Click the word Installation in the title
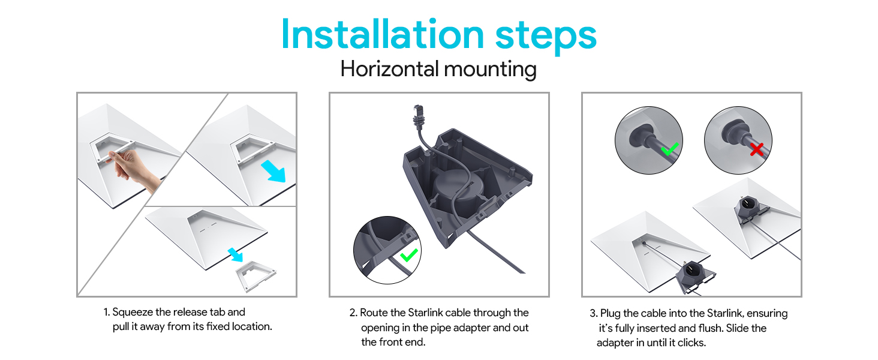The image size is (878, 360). point(383,35)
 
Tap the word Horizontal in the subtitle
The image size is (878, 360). point(390,69)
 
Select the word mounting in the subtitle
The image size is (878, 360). point(491,71)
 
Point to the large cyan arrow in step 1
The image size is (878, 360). point(273,171)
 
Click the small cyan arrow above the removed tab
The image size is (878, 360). point(236,254)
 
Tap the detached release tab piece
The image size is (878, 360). point(255,275)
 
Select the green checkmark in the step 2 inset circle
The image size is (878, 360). point(409,255)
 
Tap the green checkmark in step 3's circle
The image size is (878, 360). point(669,149)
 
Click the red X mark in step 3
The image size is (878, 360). point(757,149)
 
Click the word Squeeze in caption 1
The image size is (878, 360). point(133,313)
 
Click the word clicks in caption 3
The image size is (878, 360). point(691,343)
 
